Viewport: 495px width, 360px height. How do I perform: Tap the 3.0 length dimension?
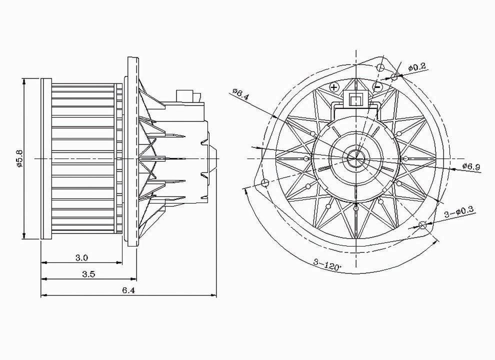click(81, 257)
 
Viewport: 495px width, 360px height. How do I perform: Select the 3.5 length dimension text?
click(88, 274)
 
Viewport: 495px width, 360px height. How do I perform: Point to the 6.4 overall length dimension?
click(128, 290)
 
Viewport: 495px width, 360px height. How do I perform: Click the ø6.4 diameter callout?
click(240, 94)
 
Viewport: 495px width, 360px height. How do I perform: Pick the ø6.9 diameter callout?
click(471, 166)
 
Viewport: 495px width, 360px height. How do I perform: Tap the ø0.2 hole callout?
click(416, 67)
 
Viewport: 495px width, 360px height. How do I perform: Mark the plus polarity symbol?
click(334, 87)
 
